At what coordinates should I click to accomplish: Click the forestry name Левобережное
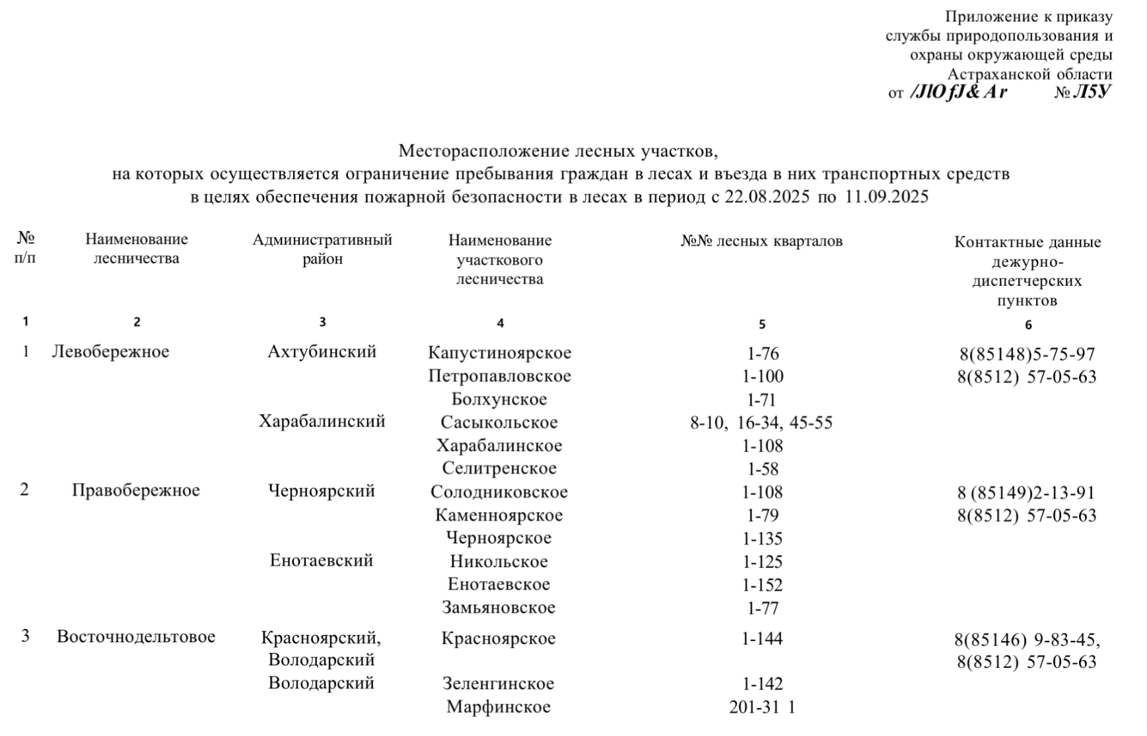tap(110, 352)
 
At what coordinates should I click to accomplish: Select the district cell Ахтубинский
tap(322, 352)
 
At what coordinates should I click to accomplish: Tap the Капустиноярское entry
tap(499, 353)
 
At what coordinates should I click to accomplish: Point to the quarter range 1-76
tap(763, 354)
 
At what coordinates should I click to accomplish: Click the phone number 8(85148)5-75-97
tap(1027, 355)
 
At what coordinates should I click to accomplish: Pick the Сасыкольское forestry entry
tap(499, 422)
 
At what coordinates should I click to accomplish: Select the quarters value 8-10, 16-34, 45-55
tap(761, 423)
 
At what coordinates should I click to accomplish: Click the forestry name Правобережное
tap(135, 490)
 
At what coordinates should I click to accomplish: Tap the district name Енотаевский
tap(322, 560)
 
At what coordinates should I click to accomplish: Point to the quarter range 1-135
tap(762, 539)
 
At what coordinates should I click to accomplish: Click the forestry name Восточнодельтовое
tap(136, 637)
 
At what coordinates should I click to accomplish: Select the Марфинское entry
tap(498, 707)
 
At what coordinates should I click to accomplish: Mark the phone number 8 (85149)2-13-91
tap(1026, 493)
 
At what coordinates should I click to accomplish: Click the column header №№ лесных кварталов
tap(761, 242)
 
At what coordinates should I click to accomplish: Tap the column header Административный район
tap(322, 249)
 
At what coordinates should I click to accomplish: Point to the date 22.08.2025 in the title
tap(767, 197)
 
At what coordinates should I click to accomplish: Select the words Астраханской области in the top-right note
tap(1029, 75)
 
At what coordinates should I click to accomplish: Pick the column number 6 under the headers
tap(1028, 325)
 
